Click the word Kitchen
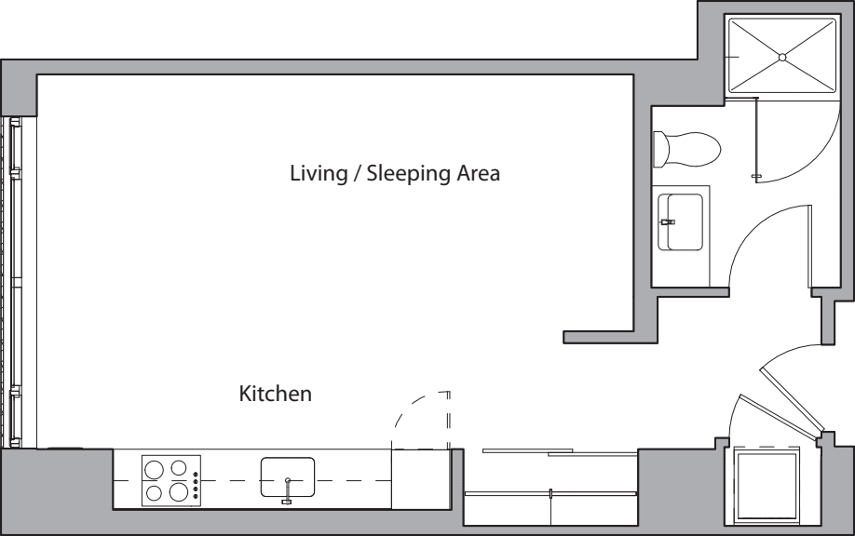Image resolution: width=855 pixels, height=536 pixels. [276, 394]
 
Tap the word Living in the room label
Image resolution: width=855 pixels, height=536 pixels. [319, 174]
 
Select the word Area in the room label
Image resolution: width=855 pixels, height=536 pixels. [478, 173]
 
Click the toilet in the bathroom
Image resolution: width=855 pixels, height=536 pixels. [686, 149]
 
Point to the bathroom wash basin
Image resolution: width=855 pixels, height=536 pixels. [680, 221]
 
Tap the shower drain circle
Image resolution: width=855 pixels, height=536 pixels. [782, 57]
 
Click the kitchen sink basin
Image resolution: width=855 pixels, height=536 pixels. [288, 476]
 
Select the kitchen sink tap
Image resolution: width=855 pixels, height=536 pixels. [287, 490]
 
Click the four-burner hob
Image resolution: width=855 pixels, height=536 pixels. [171, 480]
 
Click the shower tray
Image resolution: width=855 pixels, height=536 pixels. [782, 57]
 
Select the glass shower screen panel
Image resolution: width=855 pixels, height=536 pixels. [755, 138]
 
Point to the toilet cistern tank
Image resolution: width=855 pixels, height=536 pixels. [660, 149]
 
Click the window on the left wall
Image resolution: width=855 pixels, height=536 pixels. [15, 282]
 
